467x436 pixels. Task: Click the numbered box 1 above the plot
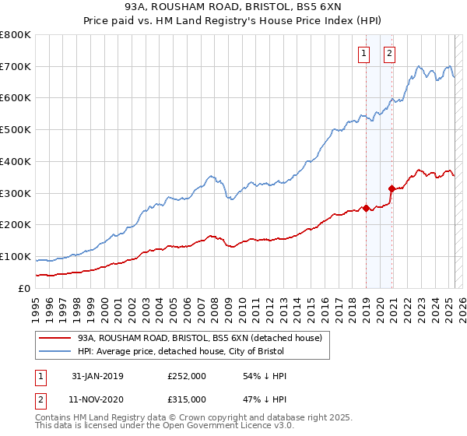click(363, 54)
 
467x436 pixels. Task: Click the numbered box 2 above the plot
click(389, 54)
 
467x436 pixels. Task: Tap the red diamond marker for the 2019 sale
click(366, 208)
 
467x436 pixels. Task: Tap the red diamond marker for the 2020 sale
click(391, 188)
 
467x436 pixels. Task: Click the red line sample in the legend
click(54, 338)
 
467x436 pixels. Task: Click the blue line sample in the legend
click(54, 352)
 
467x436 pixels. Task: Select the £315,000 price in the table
click(186, 399)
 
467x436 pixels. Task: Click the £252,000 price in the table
click(186, 376)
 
